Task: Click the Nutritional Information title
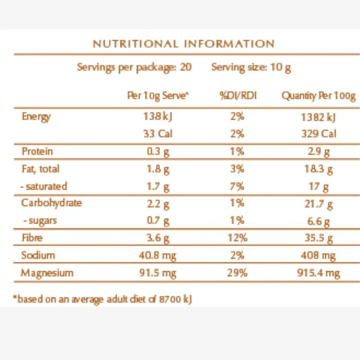183,43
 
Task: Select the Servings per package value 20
185,67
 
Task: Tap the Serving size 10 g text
251,67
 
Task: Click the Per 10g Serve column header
158,96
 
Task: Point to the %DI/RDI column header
238,95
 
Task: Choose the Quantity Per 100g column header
318,96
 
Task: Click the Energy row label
36,117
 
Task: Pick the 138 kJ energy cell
157,116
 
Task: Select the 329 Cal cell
318,133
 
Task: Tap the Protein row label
37,151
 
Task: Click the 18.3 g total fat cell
318,169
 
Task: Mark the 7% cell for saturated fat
237,186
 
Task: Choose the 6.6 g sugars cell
318,222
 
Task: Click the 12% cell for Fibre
237,237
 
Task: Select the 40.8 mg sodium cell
157,255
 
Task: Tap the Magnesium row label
47,273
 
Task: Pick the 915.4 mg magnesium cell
318,273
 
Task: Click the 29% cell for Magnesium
237,273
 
